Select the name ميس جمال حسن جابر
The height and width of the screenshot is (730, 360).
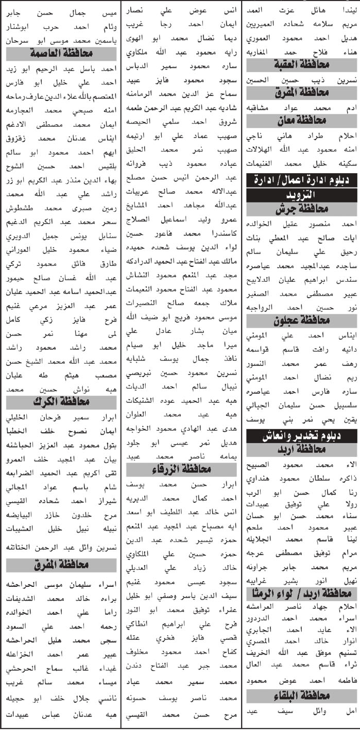pos(61,11)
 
